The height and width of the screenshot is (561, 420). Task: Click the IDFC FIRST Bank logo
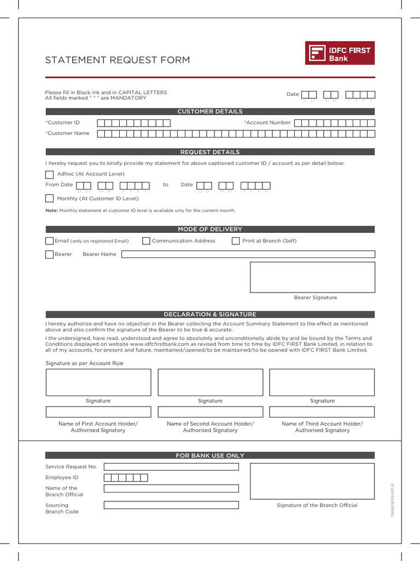click(340, 54)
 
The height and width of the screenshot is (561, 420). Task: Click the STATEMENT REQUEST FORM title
click(118, 60)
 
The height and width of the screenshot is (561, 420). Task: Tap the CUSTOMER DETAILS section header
click(210, 112)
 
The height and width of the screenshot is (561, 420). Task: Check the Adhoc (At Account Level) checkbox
click(50, 174)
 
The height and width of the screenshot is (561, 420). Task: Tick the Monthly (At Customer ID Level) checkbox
click(50, 198)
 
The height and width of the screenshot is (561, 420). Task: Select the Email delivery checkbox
click(50, 241)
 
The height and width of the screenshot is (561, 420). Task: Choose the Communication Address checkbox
click(146, 241)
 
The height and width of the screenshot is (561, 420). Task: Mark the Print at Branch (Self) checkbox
click(236, 241)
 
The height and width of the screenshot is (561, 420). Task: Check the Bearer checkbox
click(50, 254)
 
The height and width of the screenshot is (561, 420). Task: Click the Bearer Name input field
click(248, 254)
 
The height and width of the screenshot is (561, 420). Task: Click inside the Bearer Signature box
click(312, 277)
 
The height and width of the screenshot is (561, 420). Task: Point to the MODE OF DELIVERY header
click(210, 230)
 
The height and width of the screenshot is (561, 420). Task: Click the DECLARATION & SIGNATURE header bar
click(210, 314)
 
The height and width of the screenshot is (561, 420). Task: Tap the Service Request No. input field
click(171, 467)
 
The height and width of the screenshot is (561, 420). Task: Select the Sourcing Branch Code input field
click(171, 505)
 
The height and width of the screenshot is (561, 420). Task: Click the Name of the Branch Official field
click(171, 488)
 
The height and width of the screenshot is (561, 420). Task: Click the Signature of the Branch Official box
click(312, 481)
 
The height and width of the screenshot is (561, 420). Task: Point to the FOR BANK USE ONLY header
click(210, 456)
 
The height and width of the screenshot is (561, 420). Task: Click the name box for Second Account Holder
click(210, 412)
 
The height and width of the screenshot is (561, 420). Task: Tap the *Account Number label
click(267, 123)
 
